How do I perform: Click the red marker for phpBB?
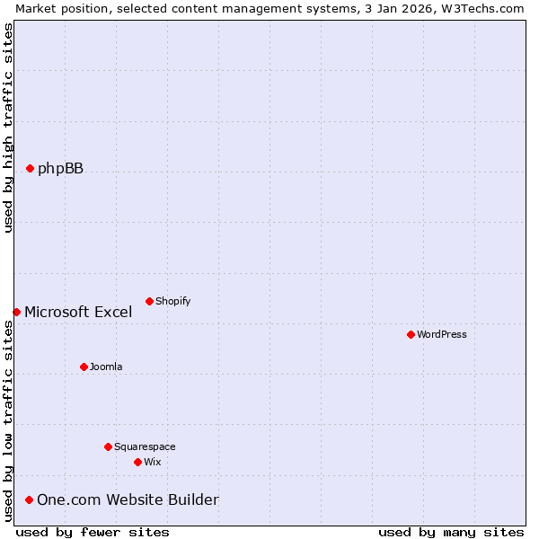(30, 168)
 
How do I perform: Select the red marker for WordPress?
(411, 334)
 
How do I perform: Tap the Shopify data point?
(149, 301)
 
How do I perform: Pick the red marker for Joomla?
(84, 367)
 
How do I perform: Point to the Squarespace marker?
(108, 446)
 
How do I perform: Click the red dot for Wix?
(137, 462)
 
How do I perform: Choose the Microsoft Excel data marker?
(16, 312)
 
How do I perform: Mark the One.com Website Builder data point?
(29, 499)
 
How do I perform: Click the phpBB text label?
(60, 168)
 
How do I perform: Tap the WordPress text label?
(441, 334)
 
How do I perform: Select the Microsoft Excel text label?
(78, 313)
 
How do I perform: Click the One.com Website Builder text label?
(128, 499)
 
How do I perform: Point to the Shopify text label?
(172, 301)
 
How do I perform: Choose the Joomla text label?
(106, 367)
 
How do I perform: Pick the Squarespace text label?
(145, 446)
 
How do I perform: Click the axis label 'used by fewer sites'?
(93, 532)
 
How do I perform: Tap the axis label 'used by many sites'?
(451, 532)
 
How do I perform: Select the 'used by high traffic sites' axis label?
(8, 128)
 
